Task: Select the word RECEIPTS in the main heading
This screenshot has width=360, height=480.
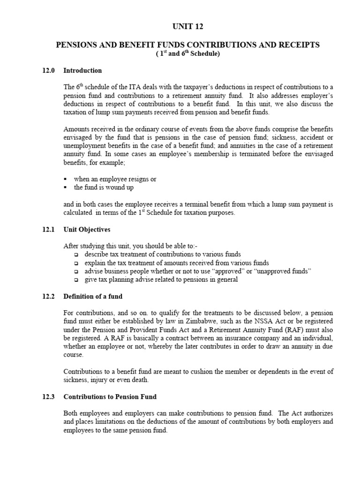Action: pos(297,45)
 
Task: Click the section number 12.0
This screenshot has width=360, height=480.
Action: pos(48,71)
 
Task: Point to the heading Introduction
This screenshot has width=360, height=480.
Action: pos(82,71)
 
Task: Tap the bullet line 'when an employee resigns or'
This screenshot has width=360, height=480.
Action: pos(115,179)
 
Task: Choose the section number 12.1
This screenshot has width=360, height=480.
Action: pos(48,230)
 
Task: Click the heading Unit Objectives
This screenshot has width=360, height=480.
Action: pos(87,230)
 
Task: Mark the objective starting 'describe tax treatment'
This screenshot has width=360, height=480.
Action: pos(162,254)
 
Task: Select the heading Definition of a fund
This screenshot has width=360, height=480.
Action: pos(93,296)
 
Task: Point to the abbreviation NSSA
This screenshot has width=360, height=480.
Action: pos(247,321)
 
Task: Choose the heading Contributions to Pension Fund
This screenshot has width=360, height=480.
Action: pos(110,397)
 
